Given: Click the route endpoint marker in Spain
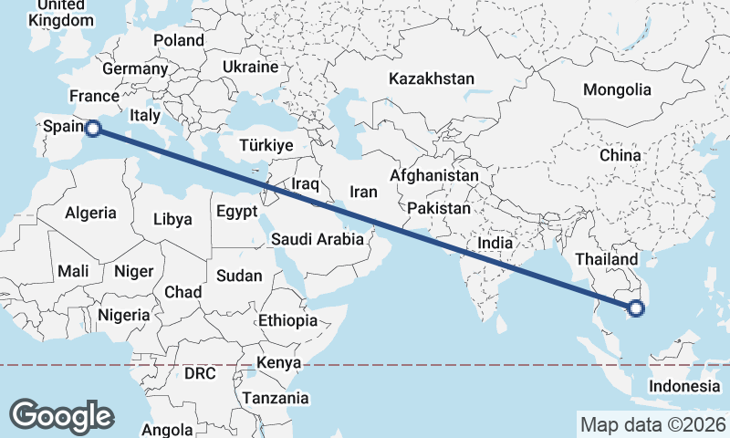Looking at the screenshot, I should tap(91, 130).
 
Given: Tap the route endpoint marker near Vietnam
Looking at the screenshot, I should tap(636, 309).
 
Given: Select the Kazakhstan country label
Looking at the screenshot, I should tap(431, 78).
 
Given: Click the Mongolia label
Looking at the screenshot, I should tap(618, 89).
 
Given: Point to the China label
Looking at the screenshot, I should tap(620, 156).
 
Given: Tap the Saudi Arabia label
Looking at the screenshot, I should tap(318, 239).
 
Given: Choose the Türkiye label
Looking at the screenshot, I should tap(266, 145).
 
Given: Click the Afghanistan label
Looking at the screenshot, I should tap(433, 175).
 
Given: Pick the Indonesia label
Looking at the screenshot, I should tap(684, 386).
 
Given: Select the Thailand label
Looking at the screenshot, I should tap(604, 260).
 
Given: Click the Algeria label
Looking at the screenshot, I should tap(90, 213).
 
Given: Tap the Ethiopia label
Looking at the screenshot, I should tap(287, 320).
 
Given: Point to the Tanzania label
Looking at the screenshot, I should tap(275, 399).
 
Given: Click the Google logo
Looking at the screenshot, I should tap(61, 415).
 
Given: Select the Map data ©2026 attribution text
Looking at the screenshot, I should tap(652, 424).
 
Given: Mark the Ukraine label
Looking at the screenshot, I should tap(249, 68).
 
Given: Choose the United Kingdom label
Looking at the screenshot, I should tap(61, 13).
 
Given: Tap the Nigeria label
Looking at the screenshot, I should tap(123, 315).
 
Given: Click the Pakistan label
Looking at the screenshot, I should tap(439, 208).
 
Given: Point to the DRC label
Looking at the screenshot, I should tap(200, 374).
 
